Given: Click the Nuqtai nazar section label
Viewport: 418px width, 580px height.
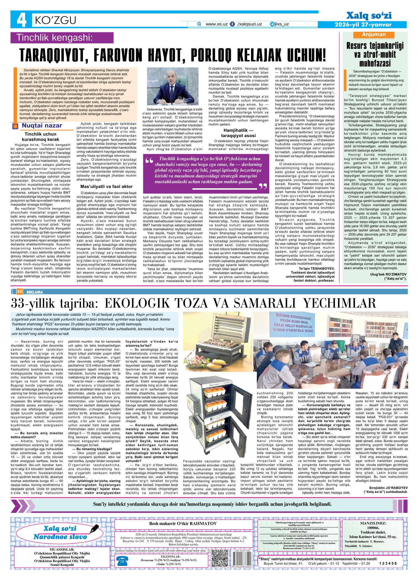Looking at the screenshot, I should pyautogui.click(x=42, y=126).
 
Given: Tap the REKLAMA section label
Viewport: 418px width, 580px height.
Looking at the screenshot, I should pyautogui.click(x=35, y=292).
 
